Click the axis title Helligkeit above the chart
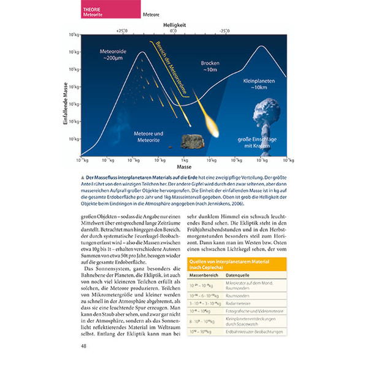click(174, 23)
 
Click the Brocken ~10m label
click(210, 66)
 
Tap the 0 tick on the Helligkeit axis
click(174, 30)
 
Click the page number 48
click(84, 347)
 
